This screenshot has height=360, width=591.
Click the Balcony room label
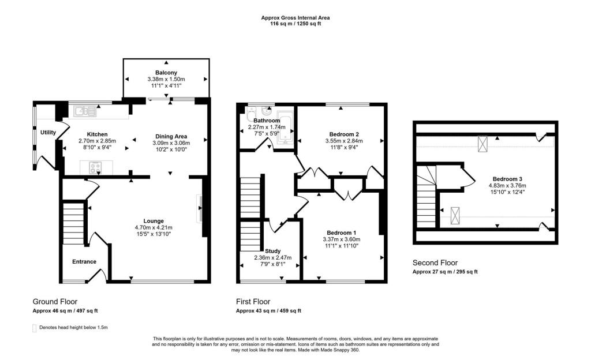[x=166, y=72]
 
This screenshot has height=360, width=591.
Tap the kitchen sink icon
[x=83, y=110]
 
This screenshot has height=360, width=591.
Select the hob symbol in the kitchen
[x=95, y=168]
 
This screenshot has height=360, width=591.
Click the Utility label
[x=48, y=132]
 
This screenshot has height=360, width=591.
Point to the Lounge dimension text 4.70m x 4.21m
[x=154, y=227]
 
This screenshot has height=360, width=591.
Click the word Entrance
[x=84, y=261]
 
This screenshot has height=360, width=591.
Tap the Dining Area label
[x=170, y=136]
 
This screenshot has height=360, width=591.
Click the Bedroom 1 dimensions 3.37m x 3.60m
[x=341, y=239]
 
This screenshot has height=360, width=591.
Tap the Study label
[x=273, y=251]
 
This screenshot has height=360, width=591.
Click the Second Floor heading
[x=435, y=262]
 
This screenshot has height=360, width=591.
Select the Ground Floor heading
[x=55, y=301]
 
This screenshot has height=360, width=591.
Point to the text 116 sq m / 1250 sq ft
[x=295, y=24]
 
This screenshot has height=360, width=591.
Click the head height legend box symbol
[x=34, y=328]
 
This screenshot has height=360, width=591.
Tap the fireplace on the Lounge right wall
[x=201, y=209]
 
